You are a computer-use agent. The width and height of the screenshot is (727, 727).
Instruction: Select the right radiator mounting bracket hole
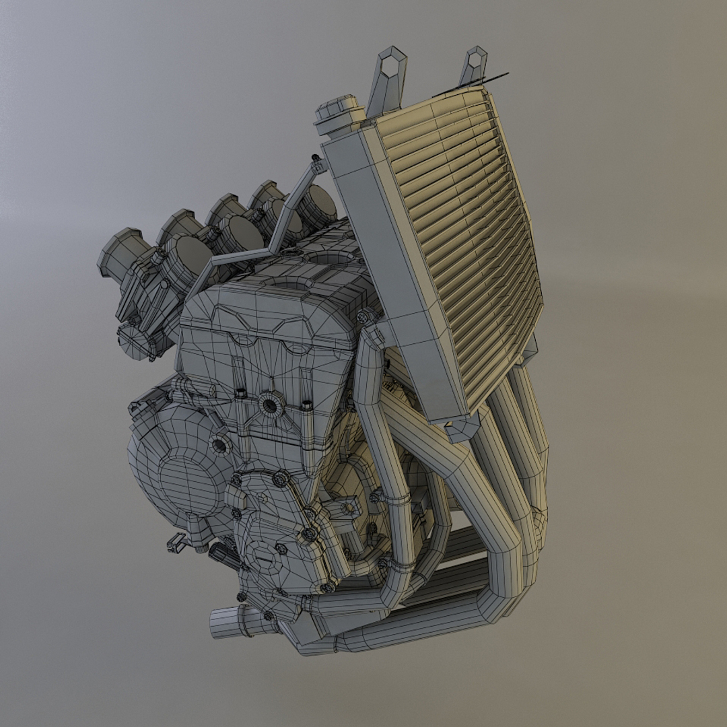click(x=476, y=59)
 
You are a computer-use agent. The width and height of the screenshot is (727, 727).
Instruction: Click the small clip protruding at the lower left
click(x=176, y=541)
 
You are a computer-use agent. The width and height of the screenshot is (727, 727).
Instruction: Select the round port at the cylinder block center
click(x=270, y=405)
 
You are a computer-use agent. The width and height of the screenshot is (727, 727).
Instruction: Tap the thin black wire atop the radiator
click(x=471, y=83)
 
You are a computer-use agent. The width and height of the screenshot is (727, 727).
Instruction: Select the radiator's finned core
click(x=458, y=242)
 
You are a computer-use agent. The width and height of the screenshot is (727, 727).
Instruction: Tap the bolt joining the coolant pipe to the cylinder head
click(x=365, y=316)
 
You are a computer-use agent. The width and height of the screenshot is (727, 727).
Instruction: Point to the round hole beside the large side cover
click(x=219, y=445)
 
